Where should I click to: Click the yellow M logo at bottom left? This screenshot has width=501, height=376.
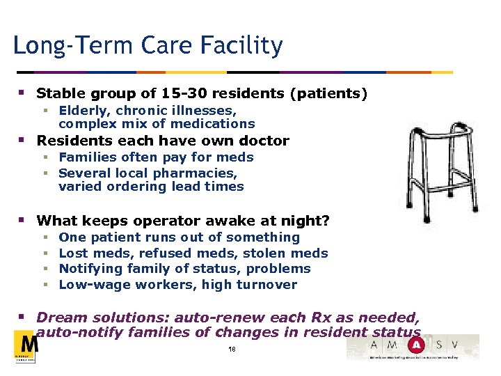(x=27, y=346)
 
